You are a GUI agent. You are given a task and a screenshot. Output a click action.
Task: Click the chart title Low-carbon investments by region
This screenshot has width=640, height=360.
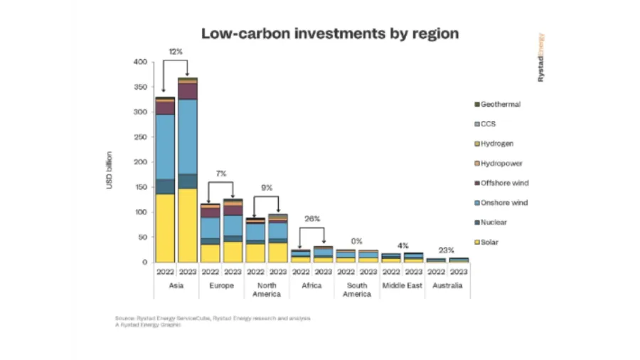(330, 33)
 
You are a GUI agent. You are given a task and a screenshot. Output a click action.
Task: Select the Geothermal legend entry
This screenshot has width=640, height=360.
(500, 105)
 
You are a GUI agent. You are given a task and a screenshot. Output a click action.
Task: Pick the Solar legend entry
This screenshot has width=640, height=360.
(489, 243)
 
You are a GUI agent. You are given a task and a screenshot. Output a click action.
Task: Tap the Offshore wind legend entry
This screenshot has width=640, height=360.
(504, 183)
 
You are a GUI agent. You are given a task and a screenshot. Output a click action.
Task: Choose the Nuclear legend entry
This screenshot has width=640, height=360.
(493, 223)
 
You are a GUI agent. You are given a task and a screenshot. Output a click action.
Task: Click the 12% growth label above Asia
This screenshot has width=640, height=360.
(176, 52)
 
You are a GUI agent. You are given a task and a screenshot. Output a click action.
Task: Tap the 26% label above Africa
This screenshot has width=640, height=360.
(312, 218)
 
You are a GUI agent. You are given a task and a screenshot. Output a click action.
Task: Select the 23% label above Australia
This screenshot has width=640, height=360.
(447, 250)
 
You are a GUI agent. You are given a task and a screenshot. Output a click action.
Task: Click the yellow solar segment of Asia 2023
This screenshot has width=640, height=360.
(188, 225)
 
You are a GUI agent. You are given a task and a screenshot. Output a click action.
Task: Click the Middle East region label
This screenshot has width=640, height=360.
(402, 285)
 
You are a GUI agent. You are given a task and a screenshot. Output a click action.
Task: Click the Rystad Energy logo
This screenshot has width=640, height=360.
(540, 57)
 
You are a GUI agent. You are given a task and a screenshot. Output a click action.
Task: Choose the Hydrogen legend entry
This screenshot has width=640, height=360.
(497, 144)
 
